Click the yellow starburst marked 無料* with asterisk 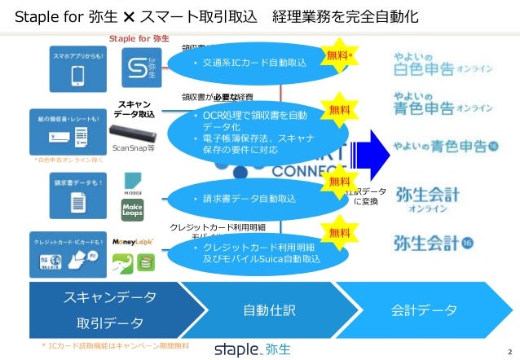tap(340, 55)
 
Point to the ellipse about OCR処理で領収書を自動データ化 tap(261, 132)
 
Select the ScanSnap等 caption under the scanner tap(133, 149)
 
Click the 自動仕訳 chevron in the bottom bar tap(272, 310)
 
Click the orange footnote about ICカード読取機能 tap(114, 346)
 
